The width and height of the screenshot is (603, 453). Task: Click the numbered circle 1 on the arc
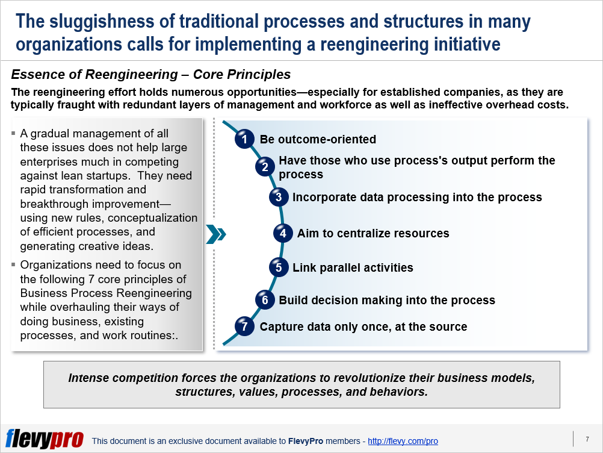244,139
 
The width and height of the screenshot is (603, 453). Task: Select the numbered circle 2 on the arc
265,167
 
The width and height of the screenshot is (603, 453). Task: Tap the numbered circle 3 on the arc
278,197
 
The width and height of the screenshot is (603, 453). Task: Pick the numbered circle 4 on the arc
283,233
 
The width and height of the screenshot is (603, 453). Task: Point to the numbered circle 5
278,267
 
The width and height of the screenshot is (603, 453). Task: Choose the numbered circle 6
265,299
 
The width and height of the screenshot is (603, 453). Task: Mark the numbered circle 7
244,326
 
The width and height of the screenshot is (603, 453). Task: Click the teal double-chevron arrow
215,234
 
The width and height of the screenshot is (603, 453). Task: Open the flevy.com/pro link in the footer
403,441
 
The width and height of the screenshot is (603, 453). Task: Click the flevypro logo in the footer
45,439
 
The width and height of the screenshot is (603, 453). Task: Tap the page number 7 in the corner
587,439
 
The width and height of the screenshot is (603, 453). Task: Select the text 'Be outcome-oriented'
318,140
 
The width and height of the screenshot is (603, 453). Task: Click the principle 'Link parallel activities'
353,267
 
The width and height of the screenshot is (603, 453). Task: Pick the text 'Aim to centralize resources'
373,234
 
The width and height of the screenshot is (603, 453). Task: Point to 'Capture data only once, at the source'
363,327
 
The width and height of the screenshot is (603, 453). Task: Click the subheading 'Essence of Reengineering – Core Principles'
151,75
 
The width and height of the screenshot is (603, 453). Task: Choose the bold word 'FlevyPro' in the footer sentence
306,442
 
